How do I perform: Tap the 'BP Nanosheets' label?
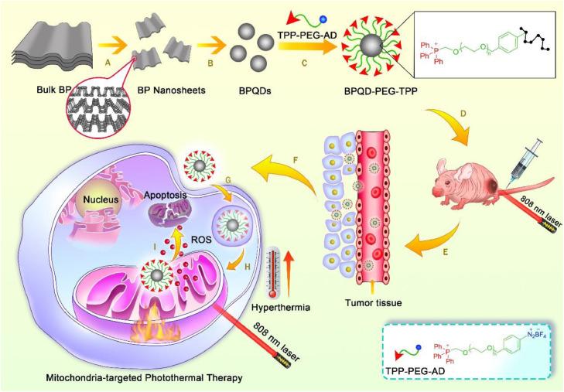(x=171, y=90)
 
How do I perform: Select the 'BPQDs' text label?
(x=255, y=90)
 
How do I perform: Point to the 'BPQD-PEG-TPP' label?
(x=380, y=91)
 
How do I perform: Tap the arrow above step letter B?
(x=211, y=46)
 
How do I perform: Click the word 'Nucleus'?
(x=101, y=199)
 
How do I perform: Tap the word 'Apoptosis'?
(x=165, y=195)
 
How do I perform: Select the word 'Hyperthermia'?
(x=281, y=308)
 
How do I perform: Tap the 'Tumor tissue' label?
(x=374, y=303)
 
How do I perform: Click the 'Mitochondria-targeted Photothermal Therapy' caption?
(x=144, y=378)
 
